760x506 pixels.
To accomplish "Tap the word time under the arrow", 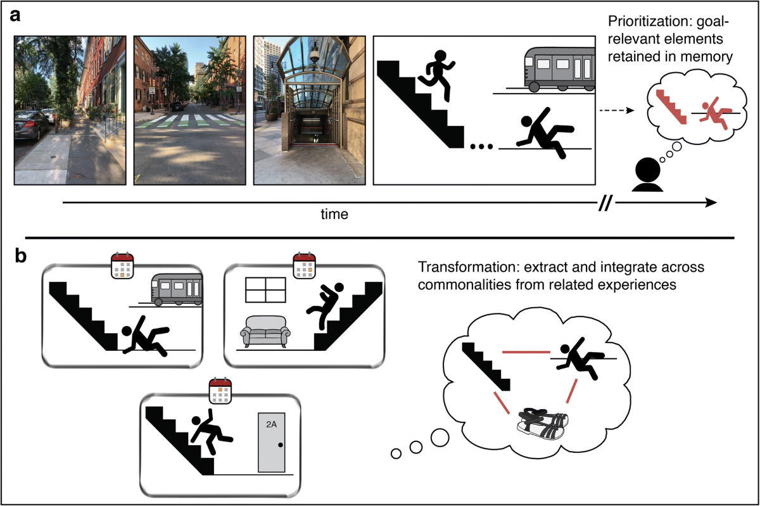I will coord(334,214).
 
